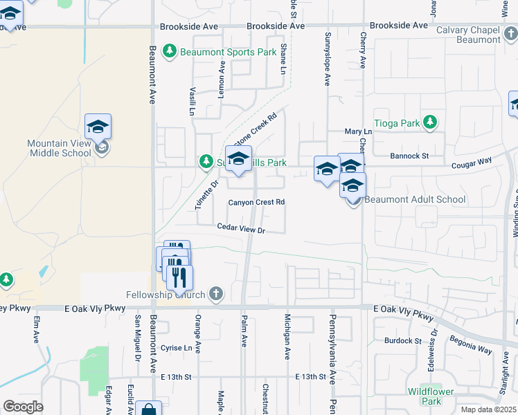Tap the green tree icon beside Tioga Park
[x=431, y=122]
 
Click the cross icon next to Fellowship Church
[x=216, y=295]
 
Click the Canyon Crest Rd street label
[x=257, y=202]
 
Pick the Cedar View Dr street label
[x=241, y=227]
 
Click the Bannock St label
[x=409, y=156]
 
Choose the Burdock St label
[x=403, y=340]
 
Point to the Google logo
[x=23, y=407]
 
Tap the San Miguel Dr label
[x=138, y=333]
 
